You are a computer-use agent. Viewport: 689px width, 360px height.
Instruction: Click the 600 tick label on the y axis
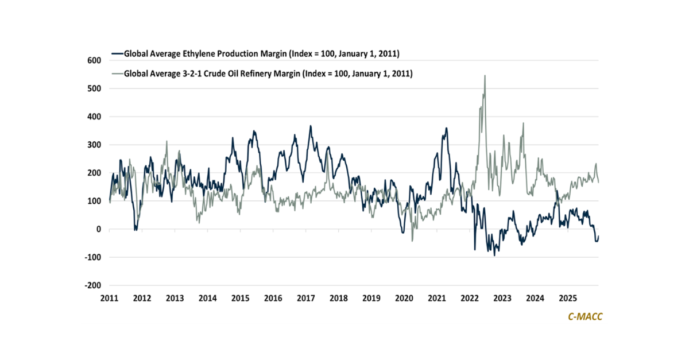94,60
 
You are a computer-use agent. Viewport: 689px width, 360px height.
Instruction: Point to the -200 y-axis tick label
92,285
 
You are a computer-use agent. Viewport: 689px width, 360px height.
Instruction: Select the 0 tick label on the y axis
98,229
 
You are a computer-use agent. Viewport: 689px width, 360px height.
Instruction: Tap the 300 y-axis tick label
94,145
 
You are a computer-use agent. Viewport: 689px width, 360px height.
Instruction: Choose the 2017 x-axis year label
306,299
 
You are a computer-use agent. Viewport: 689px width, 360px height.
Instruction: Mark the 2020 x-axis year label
404,299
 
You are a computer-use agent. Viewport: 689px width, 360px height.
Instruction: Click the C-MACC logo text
580,316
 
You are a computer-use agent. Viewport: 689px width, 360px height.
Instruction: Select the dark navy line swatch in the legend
117,54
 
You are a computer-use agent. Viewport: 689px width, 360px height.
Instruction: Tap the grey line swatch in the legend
117,73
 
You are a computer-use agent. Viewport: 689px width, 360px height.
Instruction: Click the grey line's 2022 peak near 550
485,75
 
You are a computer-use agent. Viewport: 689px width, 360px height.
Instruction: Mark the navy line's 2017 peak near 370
311,126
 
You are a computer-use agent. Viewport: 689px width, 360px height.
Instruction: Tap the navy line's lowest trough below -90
494,255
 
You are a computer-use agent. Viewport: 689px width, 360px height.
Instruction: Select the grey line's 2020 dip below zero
412,241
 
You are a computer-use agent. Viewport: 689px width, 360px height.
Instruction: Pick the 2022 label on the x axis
470,299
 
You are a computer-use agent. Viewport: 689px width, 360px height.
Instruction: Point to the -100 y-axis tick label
92,257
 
